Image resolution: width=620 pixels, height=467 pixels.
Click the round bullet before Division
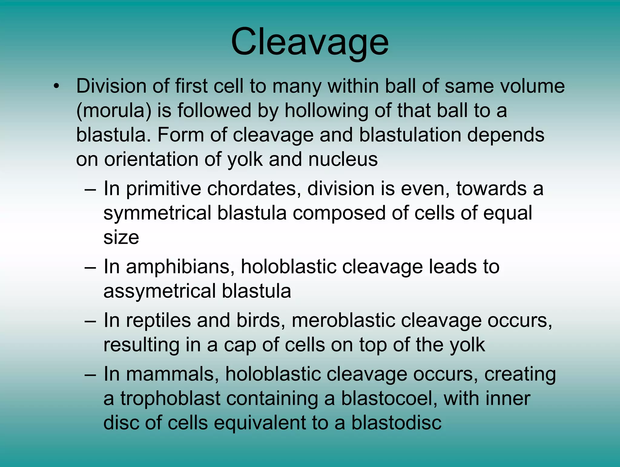coord(56,86)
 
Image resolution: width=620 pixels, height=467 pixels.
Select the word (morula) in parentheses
coord(114,111)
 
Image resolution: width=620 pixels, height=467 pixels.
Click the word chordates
coord(254,189)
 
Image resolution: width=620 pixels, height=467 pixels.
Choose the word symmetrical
coord(157,213)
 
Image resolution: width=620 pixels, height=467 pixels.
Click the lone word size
coord(121,237)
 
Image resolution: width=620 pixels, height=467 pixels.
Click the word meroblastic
coord(343,320)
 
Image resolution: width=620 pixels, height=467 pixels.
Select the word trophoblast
coord(170,398)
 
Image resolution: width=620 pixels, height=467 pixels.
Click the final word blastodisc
coord(396,422)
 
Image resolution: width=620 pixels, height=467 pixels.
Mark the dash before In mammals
coord(91,375)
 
